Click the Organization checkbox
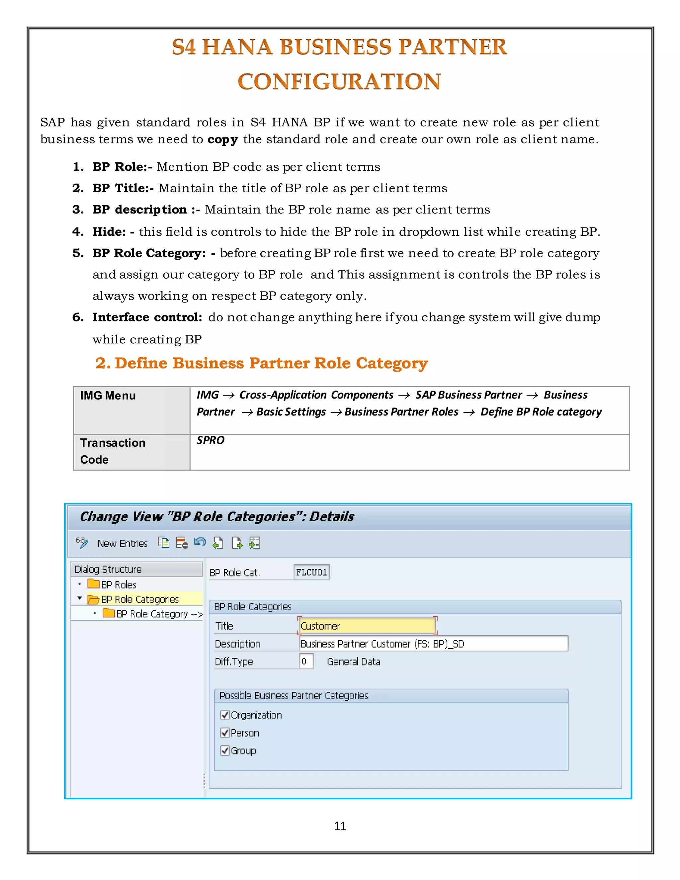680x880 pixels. tap(225, 715)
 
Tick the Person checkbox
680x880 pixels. tap(225, 733)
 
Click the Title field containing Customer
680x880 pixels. tap(367, 626)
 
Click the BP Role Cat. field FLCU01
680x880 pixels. tap(311, 572)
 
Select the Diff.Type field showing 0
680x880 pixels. tap(306, 661)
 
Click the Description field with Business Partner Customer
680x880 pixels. tap(433, 644)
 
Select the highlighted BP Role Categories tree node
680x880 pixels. tap(139, 599)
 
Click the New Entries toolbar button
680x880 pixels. tap(123, 544)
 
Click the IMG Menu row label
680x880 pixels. tap(108, 396)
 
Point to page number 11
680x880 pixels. tap(340, 826)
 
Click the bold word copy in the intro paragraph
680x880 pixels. tap(222, 139)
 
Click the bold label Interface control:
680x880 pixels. tap(147, 317)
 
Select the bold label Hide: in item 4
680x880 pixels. tap(109, 232)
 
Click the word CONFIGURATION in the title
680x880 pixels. tap(339, 81)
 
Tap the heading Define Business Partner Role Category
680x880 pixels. tap(271, 363)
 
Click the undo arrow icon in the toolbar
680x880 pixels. tap(200, 543)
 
